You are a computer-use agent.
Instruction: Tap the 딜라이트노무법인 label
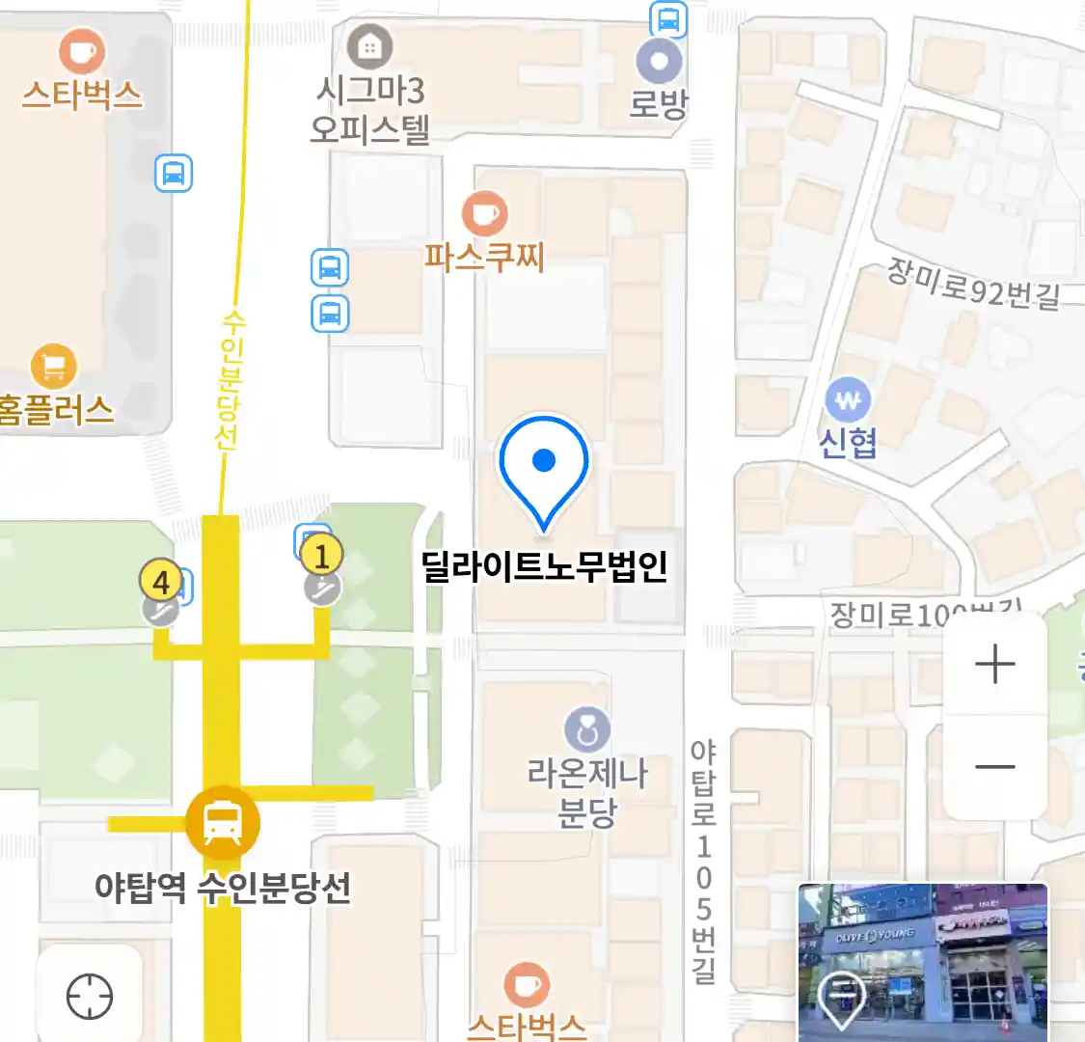click(545, 566)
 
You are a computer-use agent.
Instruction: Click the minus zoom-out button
click(994, 767)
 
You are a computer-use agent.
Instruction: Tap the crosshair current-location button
click(90, 997)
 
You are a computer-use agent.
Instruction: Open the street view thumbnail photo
click(922, 962)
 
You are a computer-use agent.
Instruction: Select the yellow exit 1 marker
click(321, 556)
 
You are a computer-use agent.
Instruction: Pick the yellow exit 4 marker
click(161, 582)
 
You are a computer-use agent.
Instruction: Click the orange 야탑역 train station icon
click(223, 823)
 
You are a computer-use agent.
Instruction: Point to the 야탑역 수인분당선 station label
click(223, 888)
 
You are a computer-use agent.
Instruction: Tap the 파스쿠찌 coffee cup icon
click(484, 213)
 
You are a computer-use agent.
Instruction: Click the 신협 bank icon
click(848, 399)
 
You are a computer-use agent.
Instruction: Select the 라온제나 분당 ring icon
click(586, 729)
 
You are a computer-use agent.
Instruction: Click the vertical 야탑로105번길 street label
click(704, 862)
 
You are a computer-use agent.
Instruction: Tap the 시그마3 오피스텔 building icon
click(369, 45)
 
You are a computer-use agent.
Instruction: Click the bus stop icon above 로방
click(667, 18)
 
